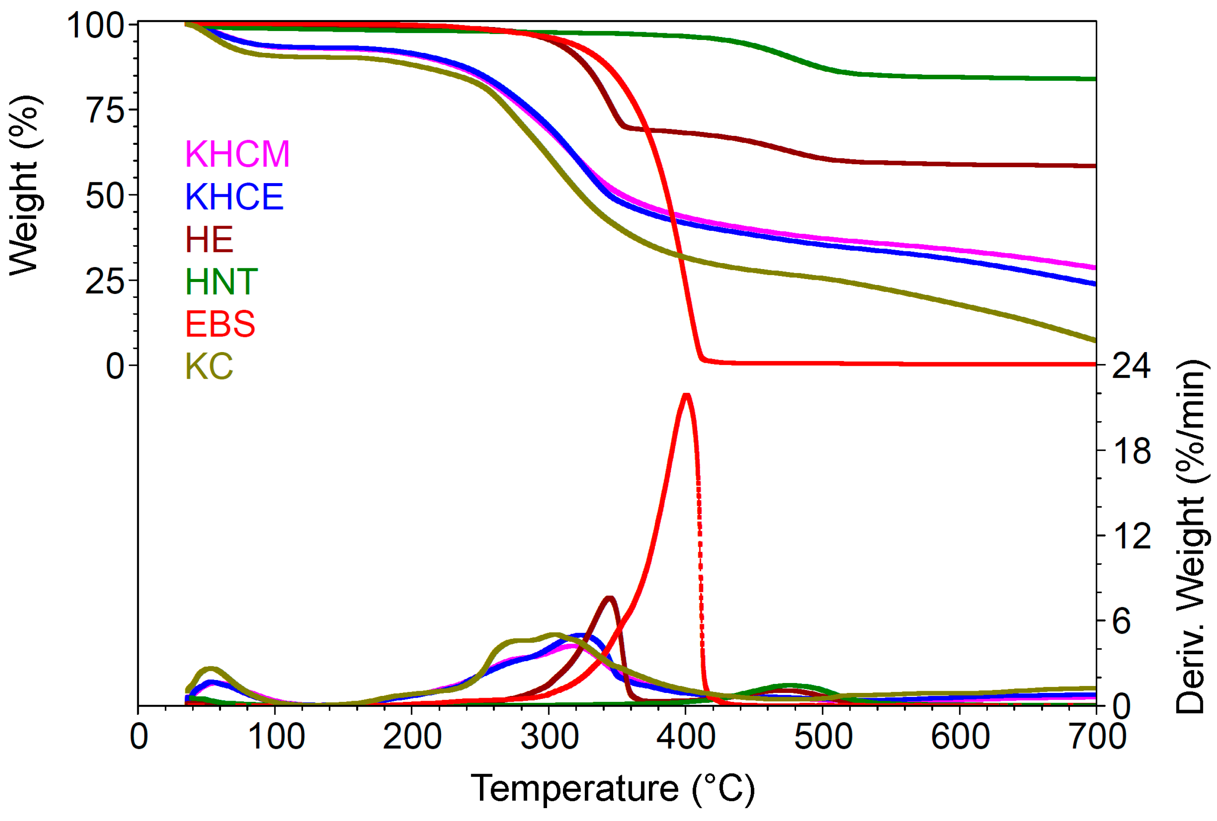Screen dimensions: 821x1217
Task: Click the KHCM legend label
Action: [x=237, y=154]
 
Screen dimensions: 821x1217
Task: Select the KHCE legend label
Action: [x=234, y=196]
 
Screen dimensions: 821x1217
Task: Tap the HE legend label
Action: [x=209, y=239]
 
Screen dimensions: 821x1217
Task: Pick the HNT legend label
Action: [x=221, y=282]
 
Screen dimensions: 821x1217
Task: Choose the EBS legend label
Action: [x=220, y=324]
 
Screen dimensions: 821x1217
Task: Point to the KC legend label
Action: [x=209, y=367]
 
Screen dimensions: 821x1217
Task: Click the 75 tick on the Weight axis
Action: [x=105, y=110]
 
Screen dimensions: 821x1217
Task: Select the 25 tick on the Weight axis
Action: [x=105, y=281]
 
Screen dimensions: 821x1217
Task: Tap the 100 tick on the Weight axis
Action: [x=95, y=25]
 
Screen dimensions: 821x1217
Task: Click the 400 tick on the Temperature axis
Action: [x=685, y=737]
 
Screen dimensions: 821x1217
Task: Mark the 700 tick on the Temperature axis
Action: [x=1096, y=737]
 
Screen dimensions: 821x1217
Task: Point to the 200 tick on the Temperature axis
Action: [x=412, y=737]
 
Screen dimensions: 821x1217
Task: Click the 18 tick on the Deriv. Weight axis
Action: [x=1131, y=450]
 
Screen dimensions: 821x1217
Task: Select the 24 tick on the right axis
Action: [x=1131, y=365]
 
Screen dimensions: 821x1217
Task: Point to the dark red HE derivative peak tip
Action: [x=609, y=597]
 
